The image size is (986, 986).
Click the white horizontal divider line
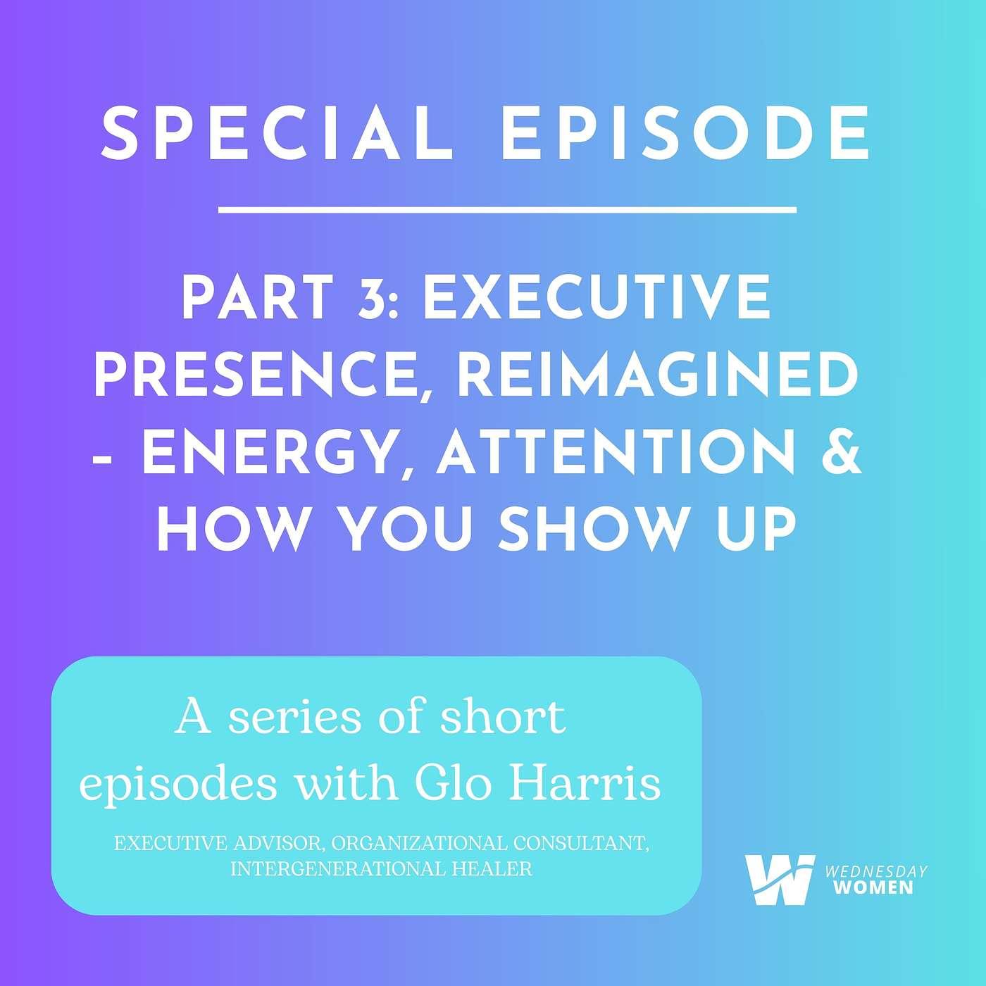tap(507, 209)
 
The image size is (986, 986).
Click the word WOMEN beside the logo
tap(873, 887)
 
